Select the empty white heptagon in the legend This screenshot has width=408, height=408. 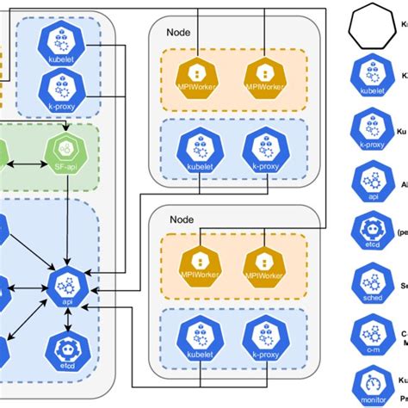click(371, 27)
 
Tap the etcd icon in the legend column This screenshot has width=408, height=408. click(371, 231)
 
